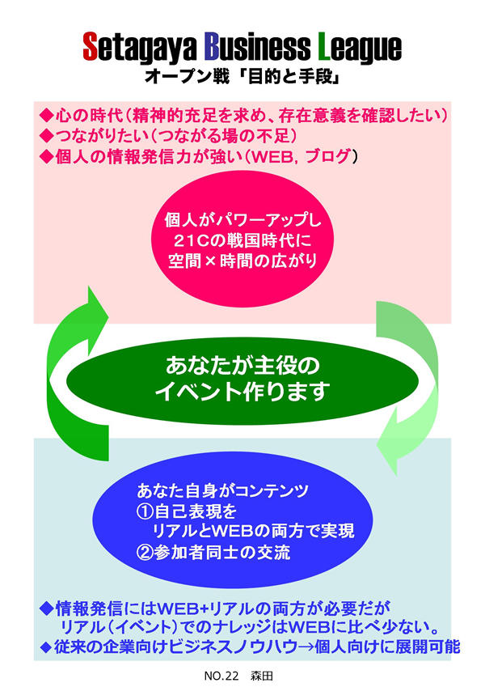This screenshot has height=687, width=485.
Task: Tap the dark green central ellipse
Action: point(242,379)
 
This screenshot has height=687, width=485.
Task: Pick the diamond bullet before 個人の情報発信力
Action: point(45,155)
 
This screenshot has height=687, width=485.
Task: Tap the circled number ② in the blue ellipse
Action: point(144,554)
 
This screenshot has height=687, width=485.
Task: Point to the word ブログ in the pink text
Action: point(323,155)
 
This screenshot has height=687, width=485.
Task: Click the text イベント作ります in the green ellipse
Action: point(242,392)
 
